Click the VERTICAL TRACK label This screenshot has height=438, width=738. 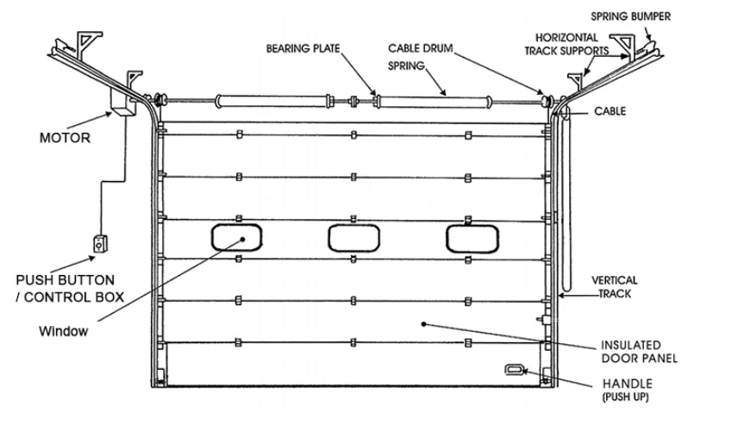(x=614, y=287)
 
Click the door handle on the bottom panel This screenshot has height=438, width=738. (x=515, y=369)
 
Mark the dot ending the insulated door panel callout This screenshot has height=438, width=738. (x=422, y=325)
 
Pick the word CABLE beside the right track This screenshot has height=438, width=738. (x=610, y=111)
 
